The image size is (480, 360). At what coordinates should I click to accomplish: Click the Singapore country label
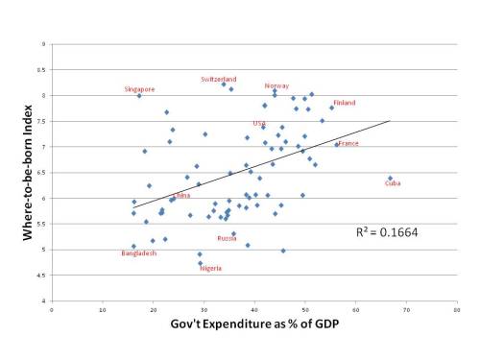point(139,89)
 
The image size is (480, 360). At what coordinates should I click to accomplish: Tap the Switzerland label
point(219,79)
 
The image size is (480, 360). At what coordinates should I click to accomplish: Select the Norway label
point(276,85)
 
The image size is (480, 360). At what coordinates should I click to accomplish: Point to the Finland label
point(345,103)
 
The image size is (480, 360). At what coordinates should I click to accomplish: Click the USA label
point(259,123)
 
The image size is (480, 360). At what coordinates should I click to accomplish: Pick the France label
point(348,143)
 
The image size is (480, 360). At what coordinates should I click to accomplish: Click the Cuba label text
point(393,183)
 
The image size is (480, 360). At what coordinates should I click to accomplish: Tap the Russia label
point(227,238)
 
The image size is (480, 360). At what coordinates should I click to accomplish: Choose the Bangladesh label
point(138,253)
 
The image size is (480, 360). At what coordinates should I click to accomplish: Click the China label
point(181,195)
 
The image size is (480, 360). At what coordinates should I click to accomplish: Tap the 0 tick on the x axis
point(51,309)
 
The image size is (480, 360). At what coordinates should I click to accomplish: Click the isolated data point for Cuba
point(389,178)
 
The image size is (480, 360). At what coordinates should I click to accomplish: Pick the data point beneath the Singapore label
point(139,96)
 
